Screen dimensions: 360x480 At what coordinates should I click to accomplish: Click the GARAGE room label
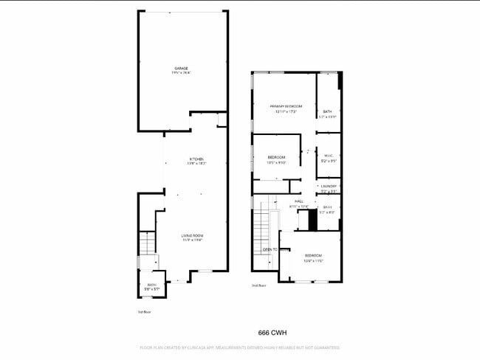click(x=181, y=68)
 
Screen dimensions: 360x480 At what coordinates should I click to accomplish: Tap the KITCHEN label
click(x=196, y=159)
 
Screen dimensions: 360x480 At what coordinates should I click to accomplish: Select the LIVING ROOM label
click(x=193, y=235)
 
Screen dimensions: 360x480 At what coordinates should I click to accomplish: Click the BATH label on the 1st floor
click(x=151, y=285)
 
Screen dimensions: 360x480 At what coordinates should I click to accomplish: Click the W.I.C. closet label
click(x=329, y=156)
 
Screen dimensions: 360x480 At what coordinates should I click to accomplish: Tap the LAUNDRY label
click(x=329, y=186)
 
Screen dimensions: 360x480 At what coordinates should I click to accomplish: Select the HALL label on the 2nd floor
click(x=299, y=201)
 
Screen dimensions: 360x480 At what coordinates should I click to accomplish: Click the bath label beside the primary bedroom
click(x=327, y=111)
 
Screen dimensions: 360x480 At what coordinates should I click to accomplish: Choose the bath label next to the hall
click(x=327, y=207)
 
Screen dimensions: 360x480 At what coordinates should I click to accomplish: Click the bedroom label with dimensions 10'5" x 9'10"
click(x=276, y=158)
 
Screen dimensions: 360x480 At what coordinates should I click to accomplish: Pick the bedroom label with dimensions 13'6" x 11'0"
click(x=314, y=255)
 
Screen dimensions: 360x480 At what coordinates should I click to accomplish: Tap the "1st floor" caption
click(x=144, y=312)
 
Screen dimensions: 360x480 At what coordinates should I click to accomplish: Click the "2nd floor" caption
click(x=258, y=285)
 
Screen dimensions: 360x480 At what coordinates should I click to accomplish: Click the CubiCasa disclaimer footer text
click(x=239, y=347)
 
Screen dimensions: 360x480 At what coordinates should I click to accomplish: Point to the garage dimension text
click(x=181, y=73)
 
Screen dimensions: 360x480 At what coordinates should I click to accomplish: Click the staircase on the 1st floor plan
click(x=148, y=243)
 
